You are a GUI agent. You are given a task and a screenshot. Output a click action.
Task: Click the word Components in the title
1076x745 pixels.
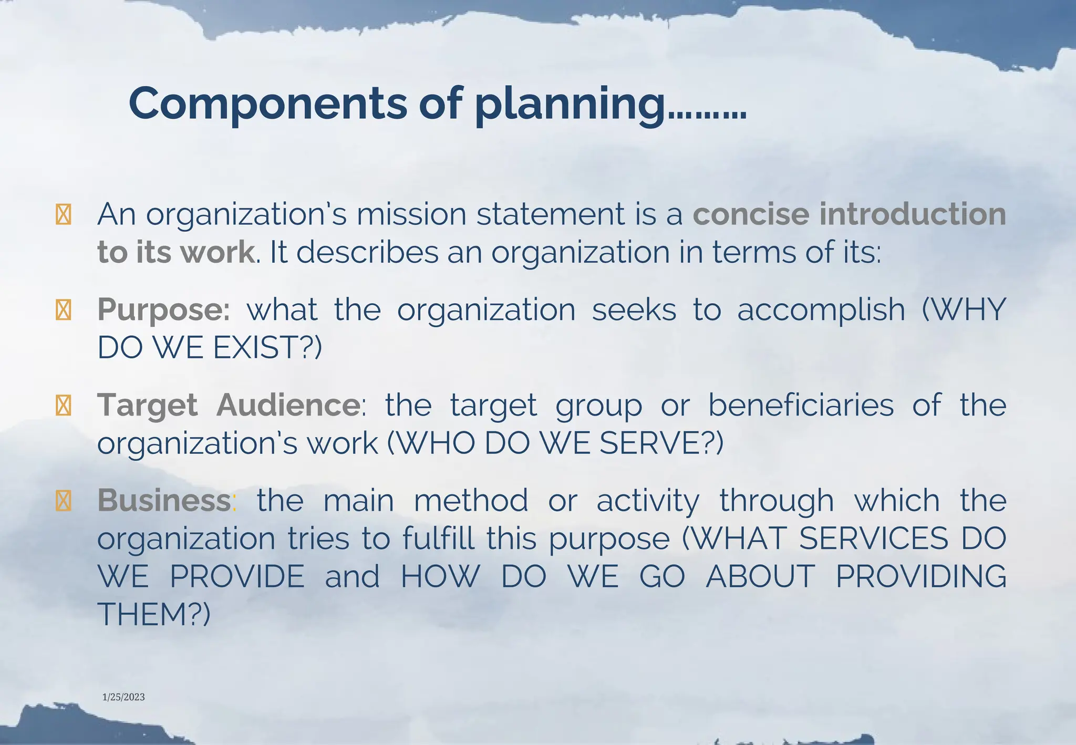point(267,103)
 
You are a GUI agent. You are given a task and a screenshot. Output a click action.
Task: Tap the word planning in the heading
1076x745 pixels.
point(570,104)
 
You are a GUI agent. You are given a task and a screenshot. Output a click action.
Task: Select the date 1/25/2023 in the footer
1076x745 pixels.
point(123,697)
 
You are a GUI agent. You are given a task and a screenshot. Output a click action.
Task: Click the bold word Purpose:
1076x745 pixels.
point(163,310)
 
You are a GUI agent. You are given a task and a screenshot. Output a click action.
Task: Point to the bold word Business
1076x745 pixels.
point(164,500)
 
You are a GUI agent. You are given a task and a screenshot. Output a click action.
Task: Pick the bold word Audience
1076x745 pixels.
point(288,405)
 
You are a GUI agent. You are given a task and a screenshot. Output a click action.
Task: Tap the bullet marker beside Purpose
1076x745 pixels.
point(63,310)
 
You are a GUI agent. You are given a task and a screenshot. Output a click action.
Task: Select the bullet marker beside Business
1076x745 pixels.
point(63,501)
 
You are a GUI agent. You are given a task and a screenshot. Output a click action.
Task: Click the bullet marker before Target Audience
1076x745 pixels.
point(63,406)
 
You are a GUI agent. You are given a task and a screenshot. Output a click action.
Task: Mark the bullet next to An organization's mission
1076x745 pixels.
point(63,215)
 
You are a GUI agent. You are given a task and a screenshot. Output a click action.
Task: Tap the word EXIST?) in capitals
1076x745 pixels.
point(267,348)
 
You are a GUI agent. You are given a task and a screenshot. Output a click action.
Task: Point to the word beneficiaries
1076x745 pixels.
point(801,405)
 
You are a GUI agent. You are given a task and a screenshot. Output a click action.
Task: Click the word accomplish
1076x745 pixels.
point(821,310)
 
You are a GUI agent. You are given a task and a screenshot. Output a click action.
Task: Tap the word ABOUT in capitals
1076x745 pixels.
point(760,576)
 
